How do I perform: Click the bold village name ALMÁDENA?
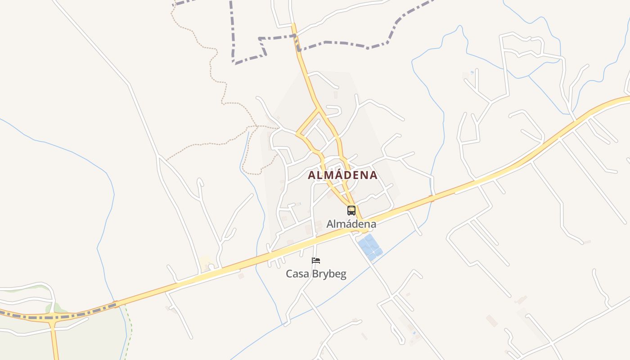pyautogui.click(x=342, y=175)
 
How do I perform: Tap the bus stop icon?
pyautogui.click(x=351, y=210)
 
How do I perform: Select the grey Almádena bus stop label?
pyautogui.click(x=351, y=224)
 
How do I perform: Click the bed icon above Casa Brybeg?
pyautogui.click(x=316, y=261)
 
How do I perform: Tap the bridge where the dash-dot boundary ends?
pyautogui.click(x=116, y=304)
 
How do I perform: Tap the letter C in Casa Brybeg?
pyautogui.click(x=289, y=274)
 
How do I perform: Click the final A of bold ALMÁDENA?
pyautogui.click(x=373, y=175)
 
